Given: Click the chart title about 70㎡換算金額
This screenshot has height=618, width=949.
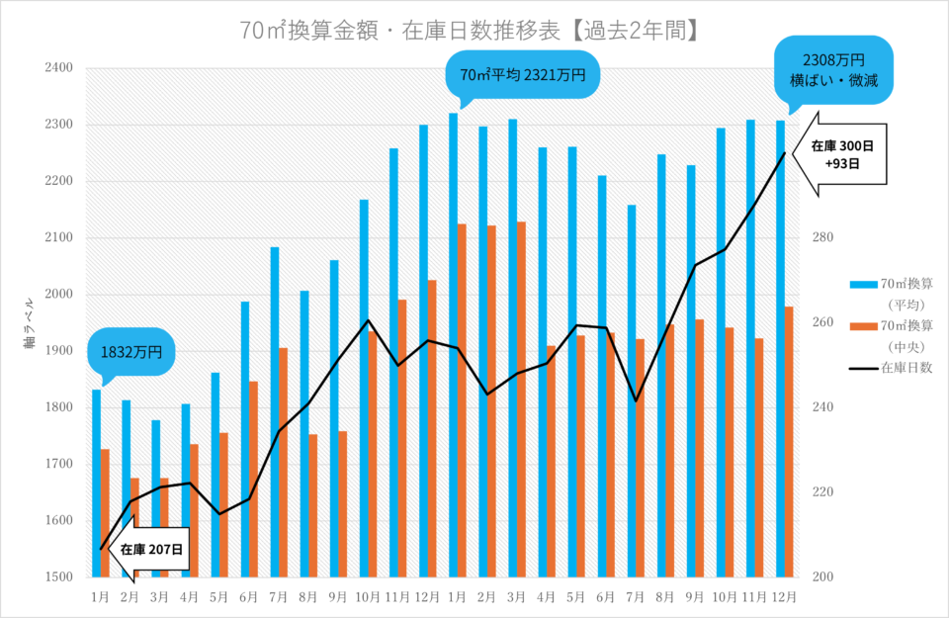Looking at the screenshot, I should tap(474, 31).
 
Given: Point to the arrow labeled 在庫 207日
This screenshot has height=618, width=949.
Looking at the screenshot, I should tap(150, 550).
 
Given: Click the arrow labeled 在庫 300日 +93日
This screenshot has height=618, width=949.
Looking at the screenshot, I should tap(840, 153).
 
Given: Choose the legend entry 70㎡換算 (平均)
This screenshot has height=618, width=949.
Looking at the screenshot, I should tap(901, 293).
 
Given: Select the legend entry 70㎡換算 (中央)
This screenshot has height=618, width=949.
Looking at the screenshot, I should tap(901, 334).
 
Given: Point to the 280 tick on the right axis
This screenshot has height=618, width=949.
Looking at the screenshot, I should tap(824, 238).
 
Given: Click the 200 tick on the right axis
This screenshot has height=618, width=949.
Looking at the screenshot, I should tap(824, 577).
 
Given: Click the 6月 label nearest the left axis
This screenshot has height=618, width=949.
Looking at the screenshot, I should tap(249, 597).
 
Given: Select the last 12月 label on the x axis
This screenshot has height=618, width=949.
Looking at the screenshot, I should tap(784, 597).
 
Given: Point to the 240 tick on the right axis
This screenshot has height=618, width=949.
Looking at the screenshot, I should tap(824, 407).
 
